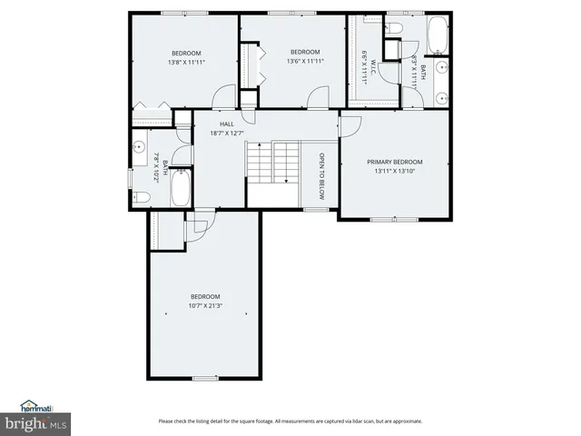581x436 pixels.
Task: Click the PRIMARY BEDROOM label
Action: [394, 163]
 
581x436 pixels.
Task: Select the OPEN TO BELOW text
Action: [320, 175]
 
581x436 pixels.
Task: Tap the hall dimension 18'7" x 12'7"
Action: [228, 134]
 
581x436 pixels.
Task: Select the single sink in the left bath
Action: [140, 146]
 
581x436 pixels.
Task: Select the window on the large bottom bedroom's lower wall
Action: [205, 378]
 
